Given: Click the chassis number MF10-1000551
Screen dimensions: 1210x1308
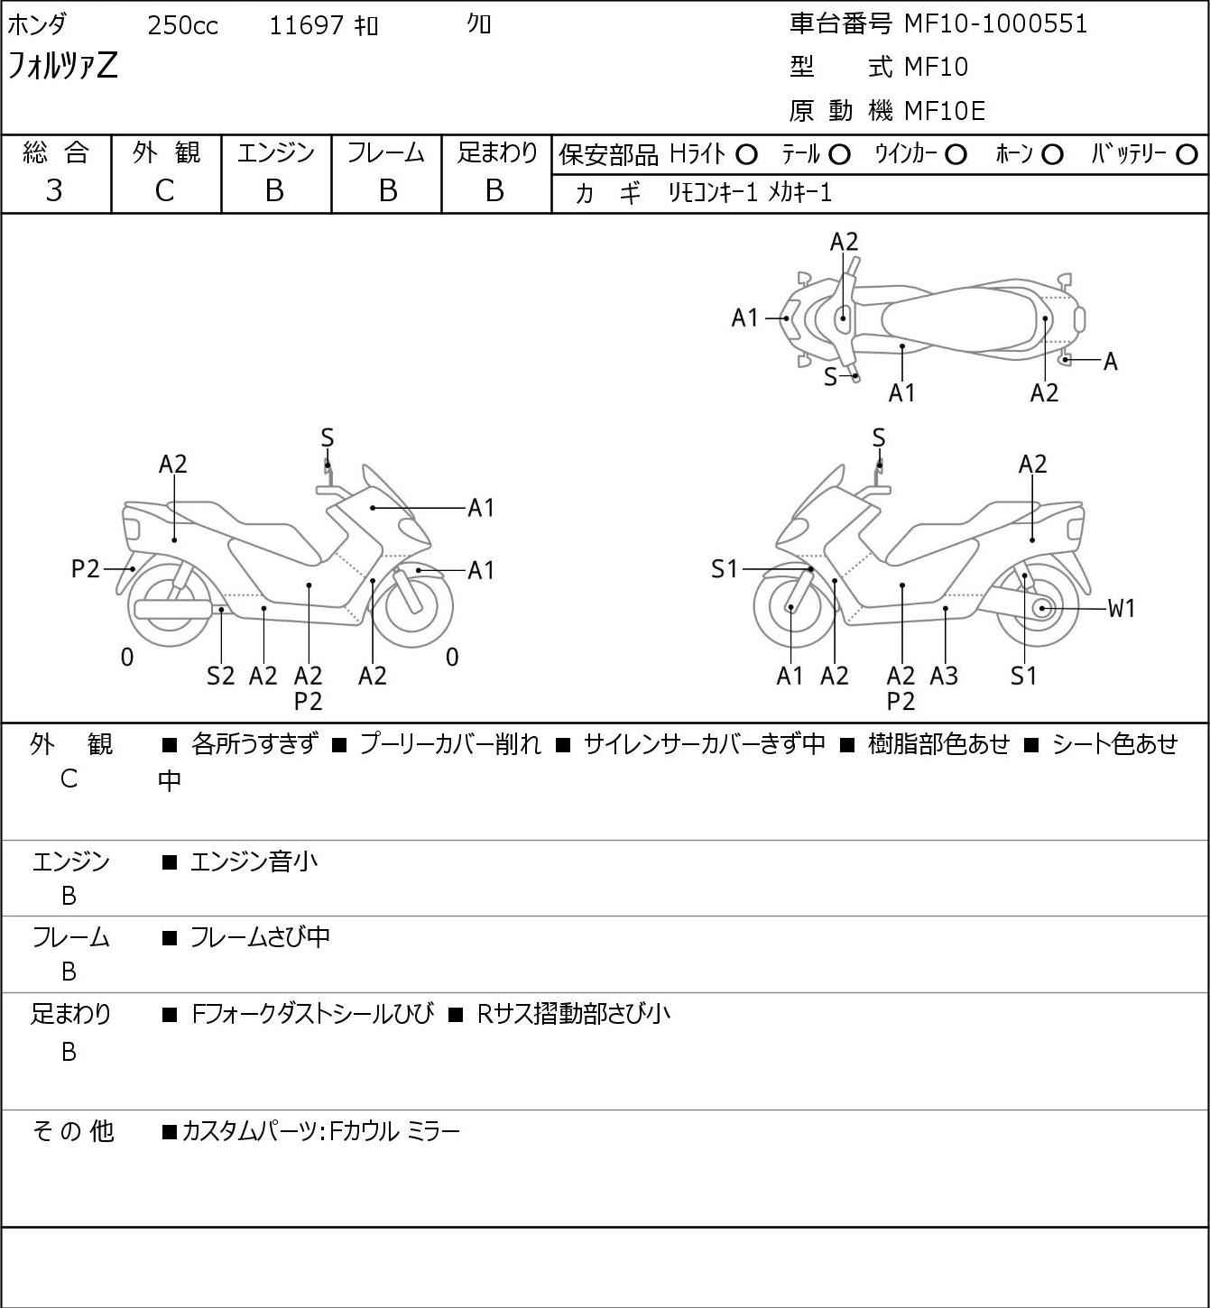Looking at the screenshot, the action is point(995,24).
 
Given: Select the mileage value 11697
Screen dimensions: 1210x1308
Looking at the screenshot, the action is point(306,25).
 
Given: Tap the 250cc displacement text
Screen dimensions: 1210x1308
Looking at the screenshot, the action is point(182,25).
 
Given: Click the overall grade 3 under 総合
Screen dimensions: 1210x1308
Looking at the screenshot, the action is point(54,191).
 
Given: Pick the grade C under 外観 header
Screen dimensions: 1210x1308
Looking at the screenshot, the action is point(165,191).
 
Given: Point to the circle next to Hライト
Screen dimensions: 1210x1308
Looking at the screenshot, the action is point(746,155).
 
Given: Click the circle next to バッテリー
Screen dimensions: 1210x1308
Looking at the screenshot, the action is point(1187,155).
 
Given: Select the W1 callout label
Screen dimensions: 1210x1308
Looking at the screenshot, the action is point(1121,609).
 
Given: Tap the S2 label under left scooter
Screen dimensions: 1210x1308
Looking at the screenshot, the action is point(220,676).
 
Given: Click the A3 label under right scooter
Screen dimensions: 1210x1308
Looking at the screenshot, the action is point(944,676).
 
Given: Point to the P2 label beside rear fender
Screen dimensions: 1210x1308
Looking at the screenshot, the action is point(85,569).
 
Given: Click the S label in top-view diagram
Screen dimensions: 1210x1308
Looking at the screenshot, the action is point(830,377).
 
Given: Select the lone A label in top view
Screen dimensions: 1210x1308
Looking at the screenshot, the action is point(1111,362).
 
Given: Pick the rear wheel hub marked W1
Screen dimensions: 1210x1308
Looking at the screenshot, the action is point(1042,608).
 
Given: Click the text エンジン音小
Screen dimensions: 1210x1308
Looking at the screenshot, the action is point(254,861).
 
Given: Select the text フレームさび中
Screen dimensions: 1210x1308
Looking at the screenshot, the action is point(260,937).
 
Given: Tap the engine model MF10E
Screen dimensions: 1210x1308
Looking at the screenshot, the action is point(945,111).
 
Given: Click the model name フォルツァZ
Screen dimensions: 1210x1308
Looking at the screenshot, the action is point(62,67).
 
